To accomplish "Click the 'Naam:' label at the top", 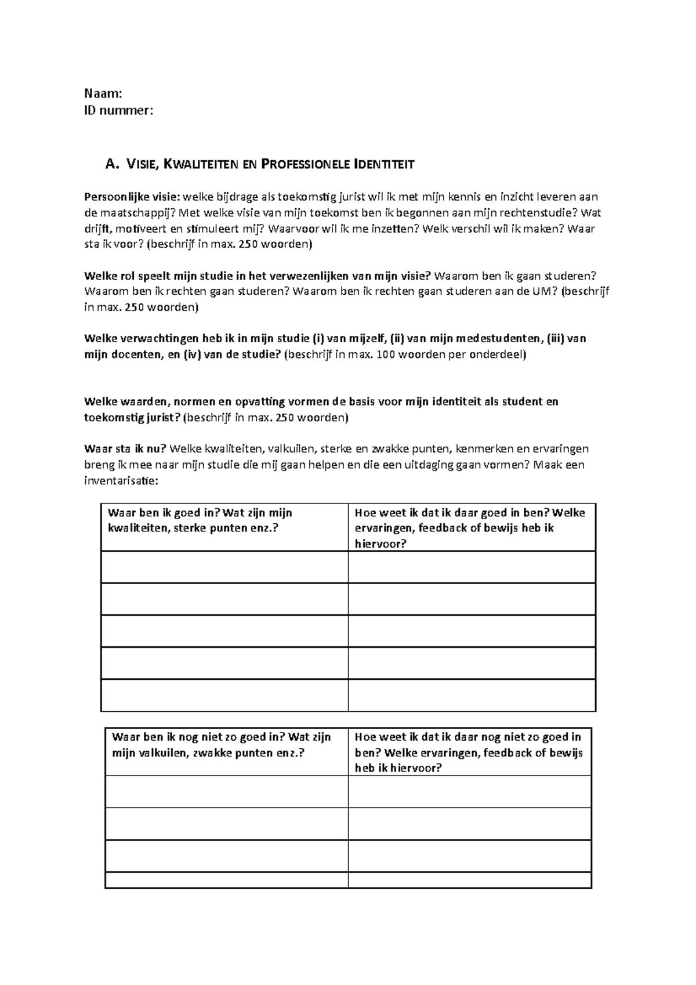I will pyautogui.click(x=103, y=94).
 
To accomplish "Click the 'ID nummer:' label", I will pyautogui.click(x=119, y=110).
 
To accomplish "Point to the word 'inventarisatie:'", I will pyautogui.click(x=121, y=481).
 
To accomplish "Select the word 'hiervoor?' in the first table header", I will pyautogui.click(x=380, y=544).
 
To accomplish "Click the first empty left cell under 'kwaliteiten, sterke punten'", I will pyautogui.click(x=224, y=567).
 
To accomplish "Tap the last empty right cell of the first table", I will pyautogui.click(x=472, y=695).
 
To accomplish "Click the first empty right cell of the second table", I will pyautogui.click(x=469, y=791).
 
